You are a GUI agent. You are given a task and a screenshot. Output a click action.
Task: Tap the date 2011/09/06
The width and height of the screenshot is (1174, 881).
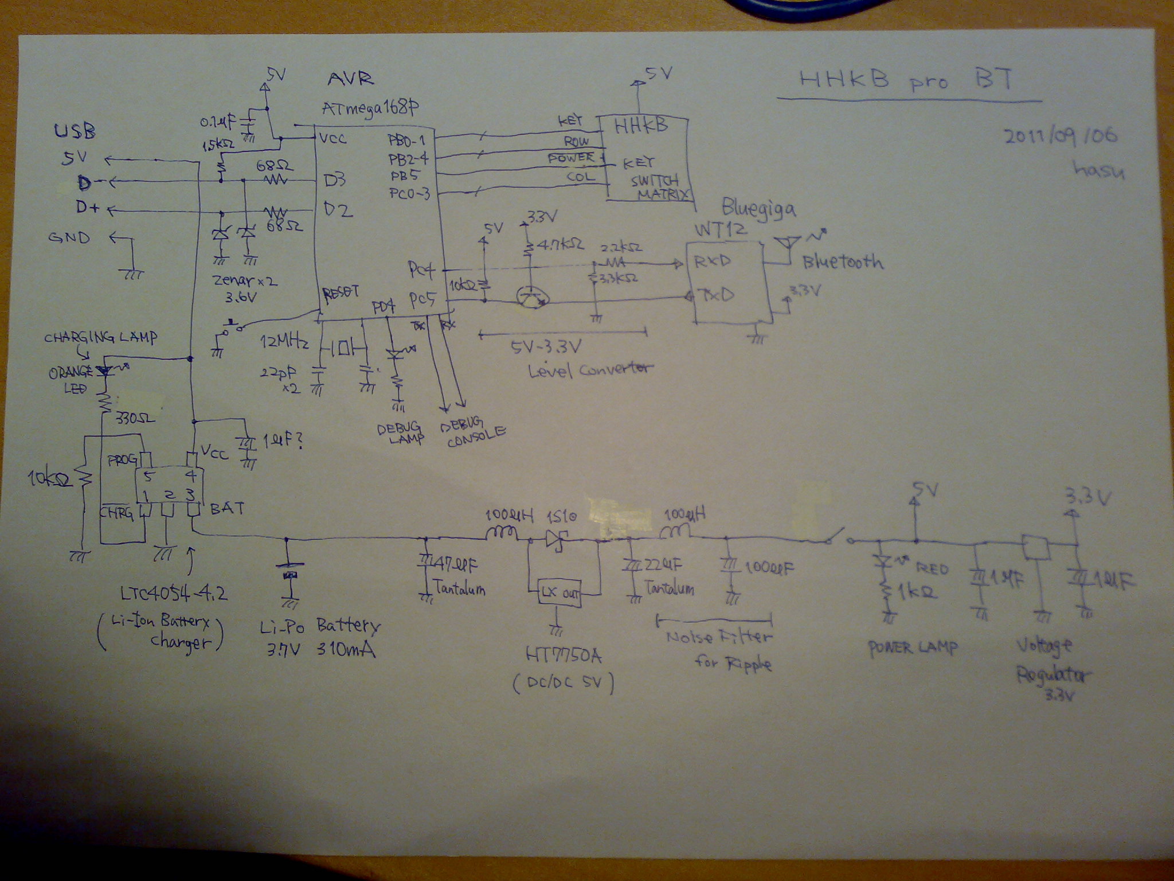tap(1060, 137)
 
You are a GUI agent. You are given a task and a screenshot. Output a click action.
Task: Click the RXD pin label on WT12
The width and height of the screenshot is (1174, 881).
tap(712, 262)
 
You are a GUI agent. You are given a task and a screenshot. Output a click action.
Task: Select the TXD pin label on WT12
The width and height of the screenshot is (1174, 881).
tap(714, 296)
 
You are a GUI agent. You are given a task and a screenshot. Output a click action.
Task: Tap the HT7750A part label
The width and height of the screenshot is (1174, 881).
tap(564, 655)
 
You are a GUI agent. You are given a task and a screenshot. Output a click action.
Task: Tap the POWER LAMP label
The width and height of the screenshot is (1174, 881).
tap(913, 648)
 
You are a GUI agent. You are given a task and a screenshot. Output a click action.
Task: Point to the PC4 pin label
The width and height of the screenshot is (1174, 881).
tap(422, 268)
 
